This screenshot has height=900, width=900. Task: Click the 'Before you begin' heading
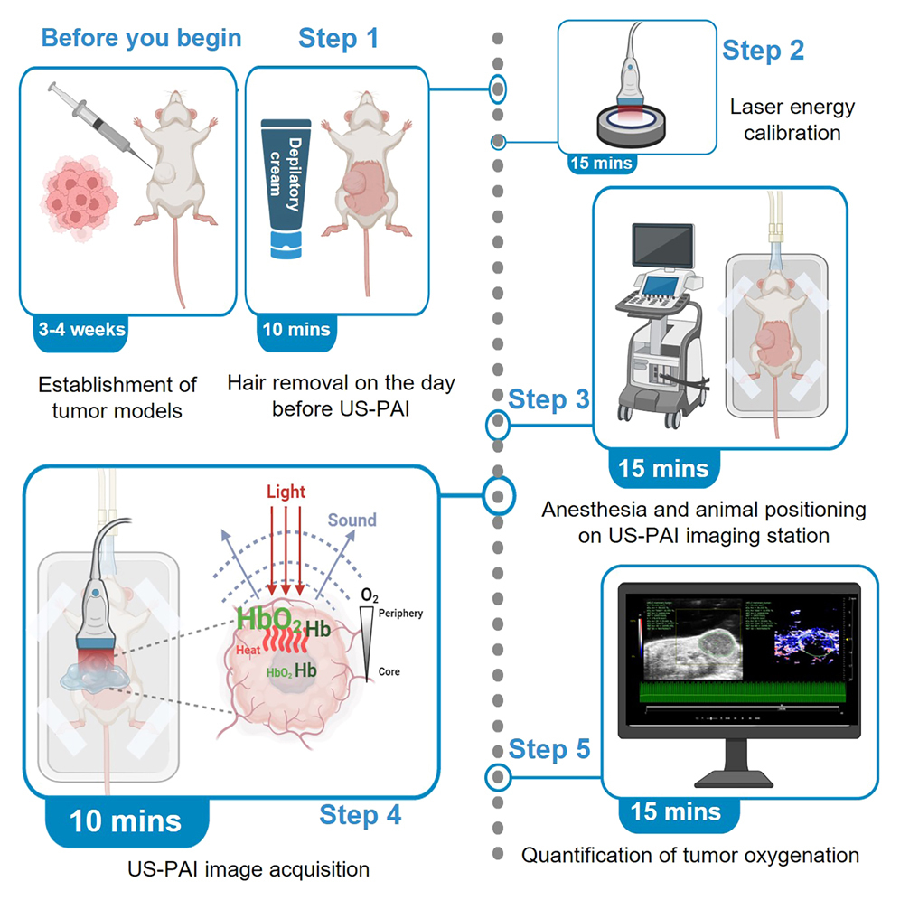pyautogui.click(x=141, y=39)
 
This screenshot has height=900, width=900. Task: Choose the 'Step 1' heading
pyautogui.click(x=338, y=39)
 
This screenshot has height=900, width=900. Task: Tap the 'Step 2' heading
pyautogui.click(x=763, y=51)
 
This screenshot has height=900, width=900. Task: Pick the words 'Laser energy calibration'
pyautogui.click(x=792, y=120)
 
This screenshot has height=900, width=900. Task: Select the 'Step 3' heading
pyautogui.click(x=549, y=398)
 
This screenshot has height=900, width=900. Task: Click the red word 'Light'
pyautogui.click(x=286, y=493)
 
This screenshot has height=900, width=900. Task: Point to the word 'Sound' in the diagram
pyautogui.click(x=352, y=520)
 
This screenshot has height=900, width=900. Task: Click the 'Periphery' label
pyautogui.click(x=401, y=614)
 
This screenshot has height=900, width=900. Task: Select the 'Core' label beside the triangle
pyautogui.click(x=389, y=672)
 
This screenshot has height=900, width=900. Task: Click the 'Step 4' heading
pyautogui.click(x=360, y=815)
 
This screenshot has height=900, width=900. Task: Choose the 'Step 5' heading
pyautogui.click(x=549, y=749)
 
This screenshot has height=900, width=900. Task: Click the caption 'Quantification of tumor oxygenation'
pyautogui.click(x=689, y=854)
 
